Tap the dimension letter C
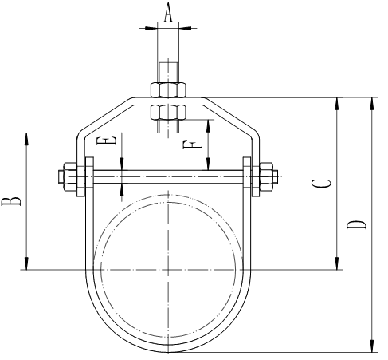point(320,183)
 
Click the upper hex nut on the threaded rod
point(168,87)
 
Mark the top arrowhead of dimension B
point(27,136)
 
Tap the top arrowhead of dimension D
point(371,101)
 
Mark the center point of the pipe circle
point(168,269)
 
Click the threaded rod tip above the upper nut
point(168,67)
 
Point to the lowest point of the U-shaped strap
point(168,351)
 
